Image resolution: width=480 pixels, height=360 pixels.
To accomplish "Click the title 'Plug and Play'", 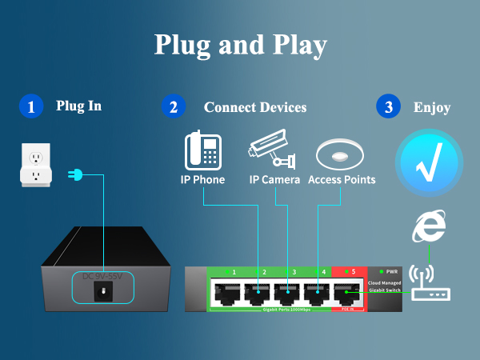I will [240, 46].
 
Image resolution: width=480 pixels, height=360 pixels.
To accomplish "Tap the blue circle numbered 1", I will [30, 107].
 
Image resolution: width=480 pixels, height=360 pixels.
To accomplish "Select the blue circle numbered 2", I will [173, 107].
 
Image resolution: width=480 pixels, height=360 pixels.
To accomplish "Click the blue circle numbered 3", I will [388, 107].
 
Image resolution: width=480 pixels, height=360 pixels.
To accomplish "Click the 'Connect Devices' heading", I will [254, 107].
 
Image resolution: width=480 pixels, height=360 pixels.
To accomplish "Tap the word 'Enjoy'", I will [431, 107].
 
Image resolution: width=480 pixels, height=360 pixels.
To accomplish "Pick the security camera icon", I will [271, 151].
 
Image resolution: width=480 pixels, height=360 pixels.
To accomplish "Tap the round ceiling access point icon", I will [342, 154].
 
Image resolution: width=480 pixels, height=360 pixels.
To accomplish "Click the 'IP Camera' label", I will [274, 180].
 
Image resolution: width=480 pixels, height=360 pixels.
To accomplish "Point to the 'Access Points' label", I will [342, 180].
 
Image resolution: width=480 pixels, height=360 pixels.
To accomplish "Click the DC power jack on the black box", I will [102, 292].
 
